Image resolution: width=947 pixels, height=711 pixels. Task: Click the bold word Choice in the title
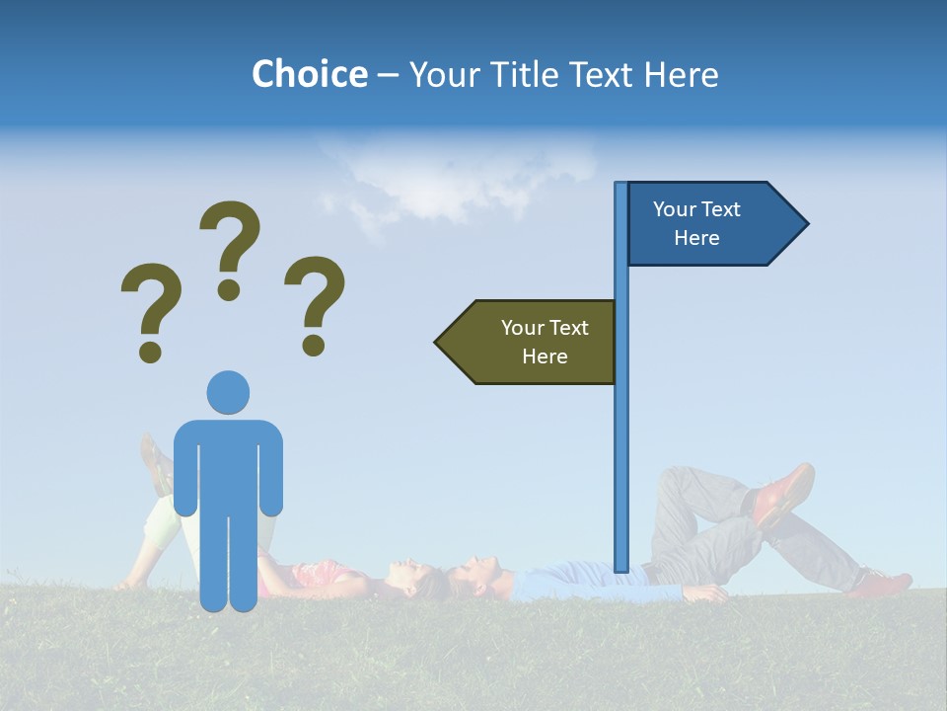309,74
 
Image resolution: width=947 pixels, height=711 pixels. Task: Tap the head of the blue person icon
228,392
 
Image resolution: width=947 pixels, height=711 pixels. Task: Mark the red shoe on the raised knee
784,494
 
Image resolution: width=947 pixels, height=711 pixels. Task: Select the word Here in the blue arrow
696,238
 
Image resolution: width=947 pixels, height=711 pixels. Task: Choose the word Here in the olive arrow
545,356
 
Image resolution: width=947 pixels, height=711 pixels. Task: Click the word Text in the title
601,74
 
